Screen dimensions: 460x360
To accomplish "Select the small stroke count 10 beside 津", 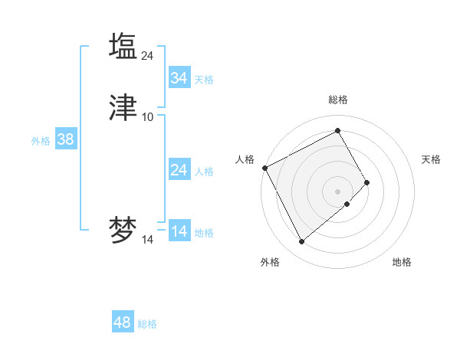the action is click(148, 117).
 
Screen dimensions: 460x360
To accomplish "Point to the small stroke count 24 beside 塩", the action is click(148, 55).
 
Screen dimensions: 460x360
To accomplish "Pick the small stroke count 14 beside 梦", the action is click(148, 240).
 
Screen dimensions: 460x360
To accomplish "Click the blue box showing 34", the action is click(179, 78).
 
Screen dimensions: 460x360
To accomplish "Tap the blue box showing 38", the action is click(66, 139).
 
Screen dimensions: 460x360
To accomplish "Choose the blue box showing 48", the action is click(123, 322).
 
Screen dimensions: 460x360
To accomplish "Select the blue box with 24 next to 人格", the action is click(179, 170).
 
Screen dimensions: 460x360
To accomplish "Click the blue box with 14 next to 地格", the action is click(179, 231).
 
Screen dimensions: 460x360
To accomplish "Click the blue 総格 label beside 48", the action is click(147, 324).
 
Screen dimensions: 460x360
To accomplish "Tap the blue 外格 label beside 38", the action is click(41, 141).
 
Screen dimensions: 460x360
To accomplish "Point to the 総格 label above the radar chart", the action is click(338, 100).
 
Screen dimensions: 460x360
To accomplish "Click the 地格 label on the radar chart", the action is click(402, 263).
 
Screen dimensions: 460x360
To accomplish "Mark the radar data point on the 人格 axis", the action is click(264, 168).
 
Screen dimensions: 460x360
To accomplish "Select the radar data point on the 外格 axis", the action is click(301, 242).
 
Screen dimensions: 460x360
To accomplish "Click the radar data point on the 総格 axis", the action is click(338, 131).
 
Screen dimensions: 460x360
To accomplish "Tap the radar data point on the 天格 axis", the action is click(367, 182).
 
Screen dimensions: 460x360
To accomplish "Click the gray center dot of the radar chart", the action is click(338, 191).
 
